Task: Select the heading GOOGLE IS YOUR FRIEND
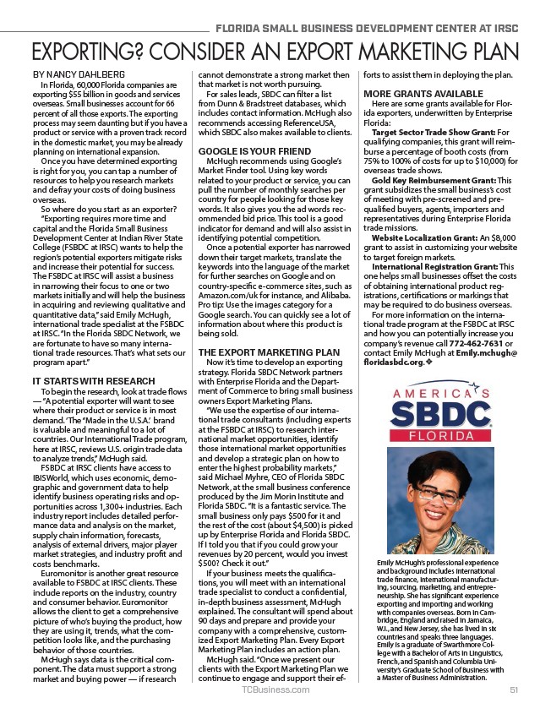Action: [243, 150]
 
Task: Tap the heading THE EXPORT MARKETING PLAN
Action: [269, 352]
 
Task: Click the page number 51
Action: [513, 690]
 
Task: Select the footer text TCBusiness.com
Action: [275, 690]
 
